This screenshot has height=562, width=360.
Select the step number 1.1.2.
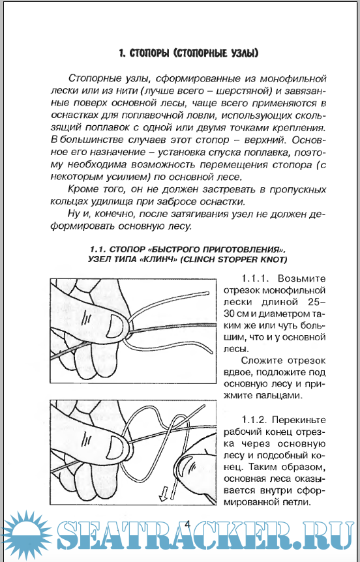[x=254, y=419]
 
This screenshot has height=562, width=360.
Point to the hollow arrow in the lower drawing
[x=164, y=494]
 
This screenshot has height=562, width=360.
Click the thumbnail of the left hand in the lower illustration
[x=117, y=446]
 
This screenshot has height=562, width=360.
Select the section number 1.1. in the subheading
[x=98, y=249]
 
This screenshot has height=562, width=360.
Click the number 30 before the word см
[x=230, y=314]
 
